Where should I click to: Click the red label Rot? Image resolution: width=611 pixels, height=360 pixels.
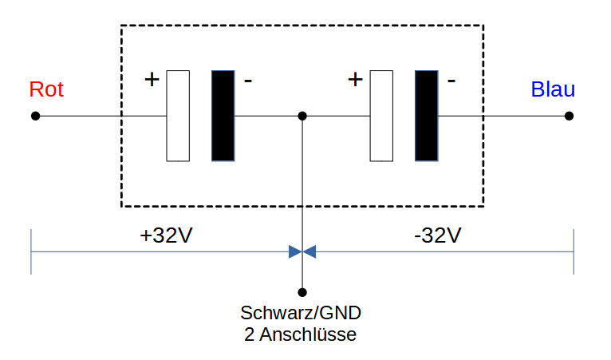(x=46, y=89)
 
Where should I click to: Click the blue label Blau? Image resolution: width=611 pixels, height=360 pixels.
(x=553, y=89)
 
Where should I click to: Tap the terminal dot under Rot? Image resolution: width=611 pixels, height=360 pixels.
(x=35, y=116)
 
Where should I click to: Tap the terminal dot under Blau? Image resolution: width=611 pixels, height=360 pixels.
(x=569, y=116)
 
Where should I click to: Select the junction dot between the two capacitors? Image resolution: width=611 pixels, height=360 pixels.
(x=302, y=116)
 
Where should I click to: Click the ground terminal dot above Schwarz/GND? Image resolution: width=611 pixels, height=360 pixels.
(x=302, y=292)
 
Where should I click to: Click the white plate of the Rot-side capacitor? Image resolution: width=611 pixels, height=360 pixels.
(x=178, y=116)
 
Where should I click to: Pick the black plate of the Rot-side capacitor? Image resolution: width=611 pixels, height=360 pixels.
(x=223, y=116)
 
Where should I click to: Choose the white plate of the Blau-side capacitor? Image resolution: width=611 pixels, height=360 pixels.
(x=381, y=116)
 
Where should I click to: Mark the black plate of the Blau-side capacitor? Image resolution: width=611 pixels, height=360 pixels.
(x=427, y=116)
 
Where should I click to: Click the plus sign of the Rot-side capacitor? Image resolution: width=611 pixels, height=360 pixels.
(x=152, y=80)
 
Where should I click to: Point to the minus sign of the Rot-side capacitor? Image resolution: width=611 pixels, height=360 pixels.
(x=248, y=81)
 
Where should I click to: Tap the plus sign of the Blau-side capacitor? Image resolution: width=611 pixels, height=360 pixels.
(x=356, y=80)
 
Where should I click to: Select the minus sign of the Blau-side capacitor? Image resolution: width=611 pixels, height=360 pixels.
(x=451, y=81)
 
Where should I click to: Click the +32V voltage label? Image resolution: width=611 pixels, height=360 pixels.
(x=167, y=235)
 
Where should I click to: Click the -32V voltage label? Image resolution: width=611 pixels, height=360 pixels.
(x=438, y=235)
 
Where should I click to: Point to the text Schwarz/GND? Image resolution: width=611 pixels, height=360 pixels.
(x=301, y=313)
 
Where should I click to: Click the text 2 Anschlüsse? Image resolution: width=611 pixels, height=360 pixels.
(x=300, y=334)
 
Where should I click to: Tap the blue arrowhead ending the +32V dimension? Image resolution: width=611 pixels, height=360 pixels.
(x=295, y=252)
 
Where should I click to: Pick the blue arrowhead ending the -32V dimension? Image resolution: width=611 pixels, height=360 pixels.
(x=309, y=252)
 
